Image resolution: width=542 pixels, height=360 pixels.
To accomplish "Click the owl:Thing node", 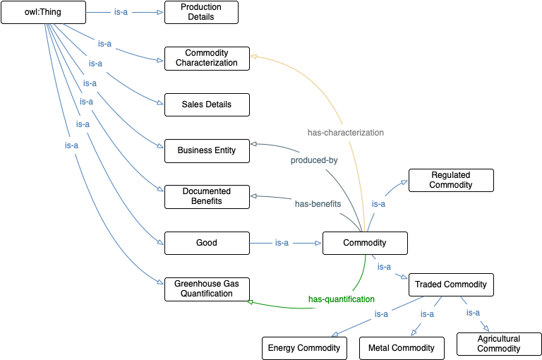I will click(x=44, y=12).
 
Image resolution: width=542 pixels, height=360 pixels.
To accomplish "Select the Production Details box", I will click(x=201, y=12).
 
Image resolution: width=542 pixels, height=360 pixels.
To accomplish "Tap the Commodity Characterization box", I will click(x=207, y=58).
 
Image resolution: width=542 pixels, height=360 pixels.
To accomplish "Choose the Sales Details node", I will click(x=207, y=104).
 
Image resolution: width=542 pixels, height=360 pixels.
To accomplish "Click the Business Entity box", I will click(x=207, y=150).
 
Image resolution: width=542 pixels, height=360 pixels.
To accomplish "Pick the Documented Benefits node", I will click(x=207, y=196).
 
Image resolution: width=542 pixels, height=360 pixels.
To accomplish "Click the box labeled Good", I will click(x=207, y=243).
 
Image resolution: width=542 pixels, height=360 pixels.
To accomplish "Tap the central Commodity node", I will click(x=365, y=243).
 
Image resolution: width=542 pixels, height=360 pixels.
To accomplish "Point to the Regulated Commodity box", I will click(x=451, y=180).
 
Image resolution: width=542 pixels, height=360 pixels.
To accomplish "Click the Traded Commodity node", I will click(x=451, y=284).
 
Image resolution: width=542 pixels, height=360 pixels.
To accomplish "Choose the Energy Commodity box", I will click(x=304, y=348).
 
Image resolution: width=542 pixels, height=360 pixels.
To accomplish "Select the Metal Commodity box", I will click(x=402, y=348).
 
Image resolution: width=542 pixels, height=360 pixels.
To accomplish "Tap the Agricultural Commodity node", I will click(x=499, y=344).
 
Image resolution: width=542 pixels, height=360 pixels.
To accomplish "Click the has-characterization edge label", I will click(x=346, y=132).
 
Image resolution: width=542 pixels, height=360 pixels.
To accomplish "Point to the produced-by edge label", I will click(x=314, y=160).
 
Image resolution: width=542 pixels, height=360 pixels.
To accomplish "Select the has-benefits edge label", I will click(x=318, y=203).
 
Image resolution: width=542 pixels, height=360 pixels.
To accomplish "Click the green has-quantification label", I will click(x=342, y=299).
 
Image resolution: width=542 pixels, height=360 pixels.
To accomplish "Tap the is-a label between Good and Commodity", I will click(x=282, y=243).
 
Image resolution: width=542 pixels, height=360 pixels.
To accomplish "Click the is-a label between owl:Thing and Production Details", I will click(x=121, y=12).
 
